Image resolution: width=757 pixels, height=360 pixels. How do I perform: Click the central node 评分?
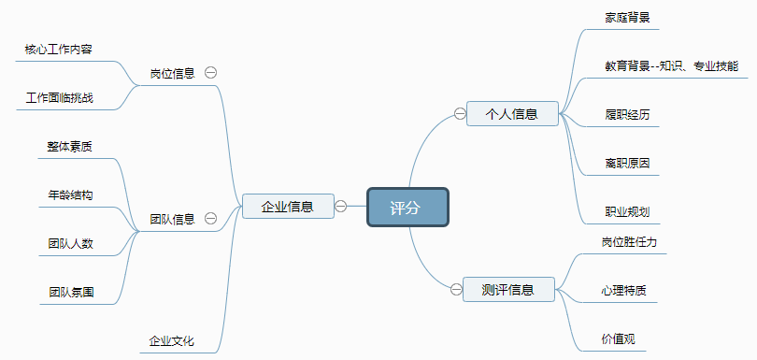[x=407, y=207]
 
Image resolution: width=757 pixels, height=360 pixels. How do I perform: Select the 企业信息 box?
[x=287, y=206]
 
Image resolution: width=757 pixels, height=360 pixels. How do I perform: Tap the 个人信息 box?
[x=511, y=114]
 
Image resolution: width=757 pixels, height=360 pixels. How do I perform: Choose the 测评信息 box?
[x=507, y=290]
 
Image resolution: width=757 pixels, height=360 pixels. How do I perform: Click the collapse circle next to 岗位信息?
[x=211, y=72]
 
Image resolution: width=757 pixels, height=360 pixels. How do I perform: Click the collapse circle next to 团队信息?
[x=211, y=218]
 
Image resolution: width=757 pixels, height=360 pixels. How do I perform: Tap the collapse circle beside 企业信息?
[x=341, y=206]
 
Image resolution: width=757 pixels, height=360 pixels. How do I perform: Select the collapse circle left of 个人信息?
[x=459, y=114]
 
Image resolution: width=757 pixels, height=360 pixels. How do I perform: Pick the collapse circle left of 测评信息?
[x=455, y=290]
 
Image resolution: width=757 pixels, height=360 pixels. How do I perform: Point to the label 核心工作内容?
[x=58, y=49]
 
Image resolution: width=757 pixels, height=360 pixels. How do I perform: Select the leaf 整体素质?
[x=70, y=146]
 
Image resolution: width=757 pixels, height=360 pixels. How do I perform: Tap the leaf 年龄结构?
[x=70, y=194]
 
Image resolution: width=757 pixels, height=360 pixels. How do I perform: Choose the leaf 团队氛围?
[x=71, y=292]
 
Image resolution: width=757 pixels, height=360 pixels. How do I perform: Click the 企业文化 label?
[x=172, y=340]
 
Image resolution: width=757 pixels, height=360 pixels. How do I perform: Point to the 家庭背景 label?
[x=628, y=17]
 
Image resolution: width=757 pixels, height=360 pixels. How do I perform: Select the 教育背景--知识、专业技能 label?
[x=671, y=65]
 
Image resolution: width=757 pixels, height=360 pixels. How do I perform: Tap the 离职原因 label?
[x=627, y=163]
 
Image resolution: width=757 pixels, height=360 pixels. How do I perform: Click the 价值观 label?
[x=618, y=338]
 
